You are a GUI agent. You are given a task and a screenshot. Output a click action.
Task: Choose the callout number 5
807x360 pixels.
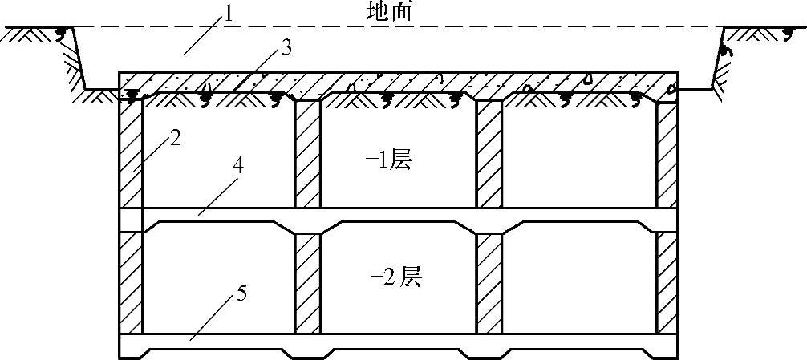pyautogui.click(x=242, y=293)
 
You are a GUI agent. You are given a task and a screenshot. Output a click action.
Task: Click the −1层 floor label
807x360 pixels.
pyautogui.click(x=388, y=160)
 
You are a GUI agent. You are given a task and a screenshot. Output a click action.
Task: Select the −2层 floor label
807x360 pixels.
pyautogui.click(x=395, y=277)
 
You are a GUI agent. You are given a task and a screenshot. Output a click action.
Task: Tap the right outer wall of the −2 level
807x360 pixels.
pyautogui.click(x=667, y=282)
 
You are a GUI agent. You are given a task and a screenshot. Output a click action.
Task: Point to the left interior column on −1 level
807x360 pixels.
pyautogui.click(x=307, y=155)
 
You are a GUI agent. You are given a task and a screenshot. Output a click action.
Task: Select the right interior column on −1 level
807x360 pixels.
pyautogui.click(x=489, y=155)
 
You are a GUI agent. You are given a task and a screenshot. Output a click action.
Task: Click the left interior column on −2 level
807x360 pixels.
pyautogui.click(x=307, y=282)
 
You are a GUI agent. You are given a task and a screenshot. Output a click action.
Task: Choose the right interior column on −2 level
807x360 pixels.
pyautogui.click(x=489, y=282)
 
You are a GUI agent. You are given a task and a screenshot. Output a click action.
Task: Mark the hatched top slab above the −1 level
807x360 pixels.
pyautogui.click(x=401, y=83)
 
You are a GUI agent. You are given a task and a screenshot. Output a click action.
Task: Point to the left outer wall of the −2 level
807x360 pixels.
pyautogui.click(x=131, y=282)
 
